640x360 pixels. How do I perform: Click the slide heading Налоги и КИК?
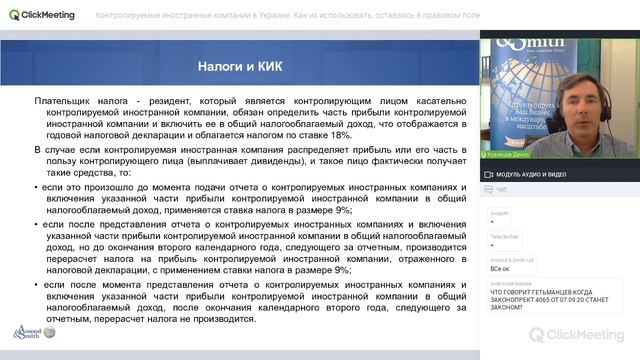pos(235,66)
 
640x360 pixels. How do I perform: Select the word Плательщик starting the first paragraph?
pos(62,102)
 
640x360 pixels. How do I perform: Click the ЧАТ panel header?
pos(501,189)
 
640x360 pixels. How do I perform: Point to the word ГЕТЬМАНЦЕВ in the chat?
pos(553,293)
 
